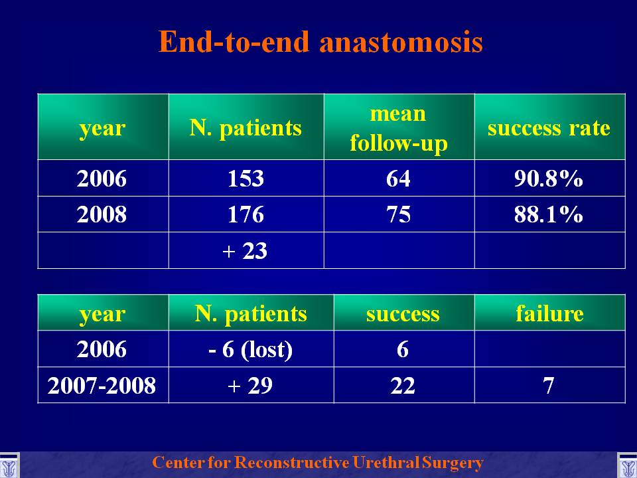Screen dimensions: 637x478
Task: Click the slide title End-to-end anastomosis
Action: pyautogui.click(x=320, y=41)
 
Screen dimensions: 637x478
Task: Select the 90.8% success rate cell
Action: pyautogui.click(x=549, y=178)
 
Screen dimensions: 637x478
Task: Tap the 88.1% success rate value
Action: pyautogui.click(x=549, y=214)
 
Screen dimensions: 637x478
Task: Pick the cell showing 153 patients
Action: pyautogui.click(x=246, y=178)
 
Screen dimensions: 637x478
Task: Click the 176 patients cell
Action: pyautogui.click(x=246, y=214)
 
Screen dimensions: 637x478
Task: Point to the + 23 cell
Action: pyautogui.click(x=245, y=251)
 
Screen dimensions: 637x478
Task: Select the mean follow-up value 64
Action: pyautogui.click(x=398, y=178)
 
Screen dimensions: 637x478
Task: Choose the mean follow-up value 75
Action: pyautogui.click(x=398, y=214)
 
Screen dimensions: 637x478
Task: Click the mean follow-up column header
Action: pyautogui.click(x=399, y=128)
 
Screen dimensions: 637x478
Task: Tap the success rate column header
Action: pyautogui.click(x=549, y=128)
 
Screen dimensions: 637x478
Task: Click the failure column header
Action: pyautogui.click(x=549, y=313)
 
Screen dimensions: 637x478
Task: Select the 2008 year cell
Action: pyautogui.click(x=102, y=214)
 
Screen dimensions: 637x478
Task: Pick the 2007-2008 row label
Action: pyautogui.click(x=102, y=385)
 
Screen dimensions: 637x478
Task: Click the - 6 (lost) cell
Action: pyautogui.click(x=250, y=349)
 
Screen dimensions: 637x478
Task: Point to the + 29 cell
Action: pyautogui.click(x=250, y=385)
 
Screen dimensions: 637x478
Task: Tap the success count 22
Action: pyautogui.click(x=403, y=385)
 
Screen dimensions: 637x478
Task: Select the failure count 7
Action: pyautogui.click(x=549, y=385)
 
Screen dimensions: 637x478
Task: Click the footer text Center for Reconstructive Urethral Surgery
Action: pyautogui.click(x=318, y=463)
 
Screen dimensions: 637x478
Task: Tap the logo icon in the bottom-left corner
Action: pyautogui.click(x=9, y=466)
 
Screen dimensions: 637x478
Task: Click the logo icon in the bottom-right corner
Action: pyautogui.click(x=627, y=466)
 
